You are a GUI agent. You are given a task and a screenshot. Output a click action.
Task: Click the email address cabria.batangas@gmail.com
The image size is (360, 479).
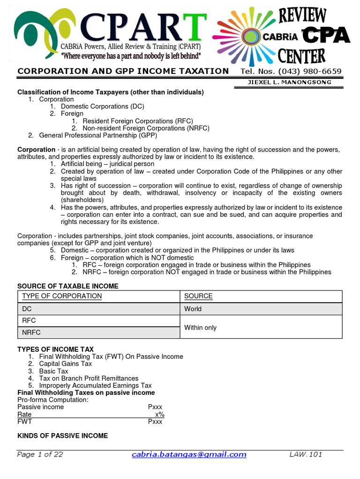pyautogui.click(x=189, y=454)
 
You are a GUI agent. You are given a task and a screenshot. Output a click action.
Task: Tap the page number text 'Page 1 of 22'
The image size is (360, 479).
pyautogui.click(x=40, y=454)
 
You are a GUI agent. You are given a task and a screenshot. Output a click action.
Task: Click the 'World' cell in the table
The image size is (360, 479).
pyautogui.click(x=193, y=309)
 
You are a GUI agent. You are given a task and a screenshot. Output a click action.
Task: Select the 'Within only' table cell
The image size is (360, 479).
pyautogui.click(x=201, y=327)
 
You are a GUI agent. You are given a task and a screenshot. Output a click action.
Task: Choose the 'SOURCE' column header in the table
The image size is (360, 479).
pyautogui.click(x=198, y=296)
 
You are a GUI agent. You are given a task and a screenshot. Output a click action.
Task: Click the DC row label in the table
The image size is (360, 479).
pyautogui.click(x=27, y=309)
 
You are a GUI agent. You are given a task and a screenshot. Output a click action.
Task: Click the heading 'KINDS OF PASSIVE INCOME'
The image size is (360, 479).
pyautogui.click(x=62, y=435)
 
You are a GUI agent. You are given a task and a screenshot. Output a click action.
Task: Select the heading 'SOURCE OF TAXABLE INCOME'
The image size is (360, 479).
pyautogui.click(x=68, y=286)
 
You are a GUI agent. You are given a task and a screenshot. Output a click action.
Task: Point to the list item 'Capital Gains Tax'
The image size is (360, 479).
pyautogui.click(x=65, y=363)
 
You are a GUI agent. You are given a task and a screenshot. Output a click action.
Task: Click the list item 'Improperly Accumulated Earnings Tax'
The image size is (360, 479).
pyautogui.click(x=95, y=385)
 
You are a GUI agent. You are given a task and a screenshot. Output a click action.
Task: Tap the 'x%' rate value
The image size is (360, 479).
pyautogui.click(x=159, y=414)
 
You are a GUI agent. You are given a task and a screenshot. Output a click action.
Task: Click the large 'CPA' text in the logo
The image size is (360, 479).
pyautogui.click(x=326, y=35)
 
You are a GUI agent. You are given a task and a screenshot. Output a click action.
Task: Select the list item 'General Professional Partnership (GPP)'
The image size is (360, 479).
pyautogui.click(x=97, y=135)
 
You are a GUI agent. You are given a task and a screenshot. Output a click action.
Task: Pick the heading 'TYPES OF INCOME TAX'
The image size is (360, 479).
pyautogui.click(x=55, y=349)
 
